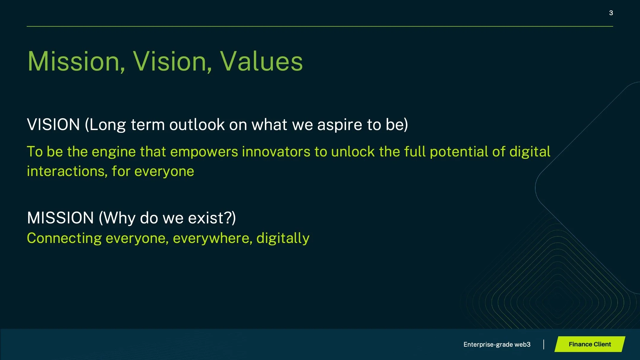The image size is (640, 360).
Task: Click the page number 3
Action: [x=611, y=13]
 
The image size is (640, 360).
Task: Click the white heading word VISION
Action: [x=53, y=124]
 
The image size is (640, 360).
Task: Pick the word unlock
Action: [x=353, y=151]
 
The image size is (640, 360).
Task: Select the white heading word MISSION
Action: [x=60, y=218]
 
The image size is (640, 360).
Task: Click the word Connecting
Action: [x=64, y=239]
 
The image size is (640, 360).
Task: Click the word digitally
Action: [x=283, y=239]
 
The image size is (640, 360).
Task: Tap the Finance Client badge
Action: [x=590, y=344]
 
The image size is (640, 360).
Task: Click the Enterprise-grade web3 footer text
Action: [x=497, y=344]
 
